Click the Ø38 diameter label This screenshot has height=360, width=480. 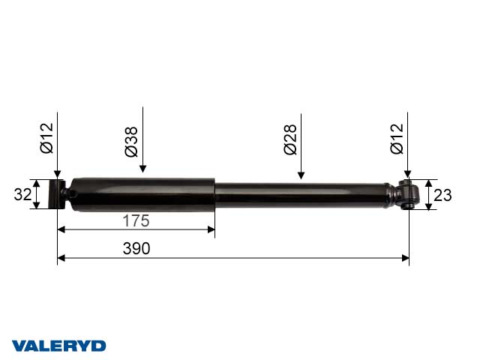[131, 141]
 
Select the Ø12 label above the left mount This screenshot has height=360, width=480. [46, 138]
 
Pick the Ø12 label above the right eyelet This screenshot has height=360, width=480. [397, 139]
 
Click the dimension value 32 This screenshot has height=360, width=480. [22, 195]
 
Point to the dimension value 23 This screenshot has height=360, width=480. [443, 195]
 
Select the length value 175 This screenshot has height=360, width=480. [136, 221]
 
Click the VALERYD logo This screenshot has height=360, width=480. [59, 346]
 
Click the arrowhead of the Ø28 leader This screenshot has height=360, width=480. [301, 176]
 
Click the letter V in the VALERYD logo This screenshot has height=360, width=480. [19, 346]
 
